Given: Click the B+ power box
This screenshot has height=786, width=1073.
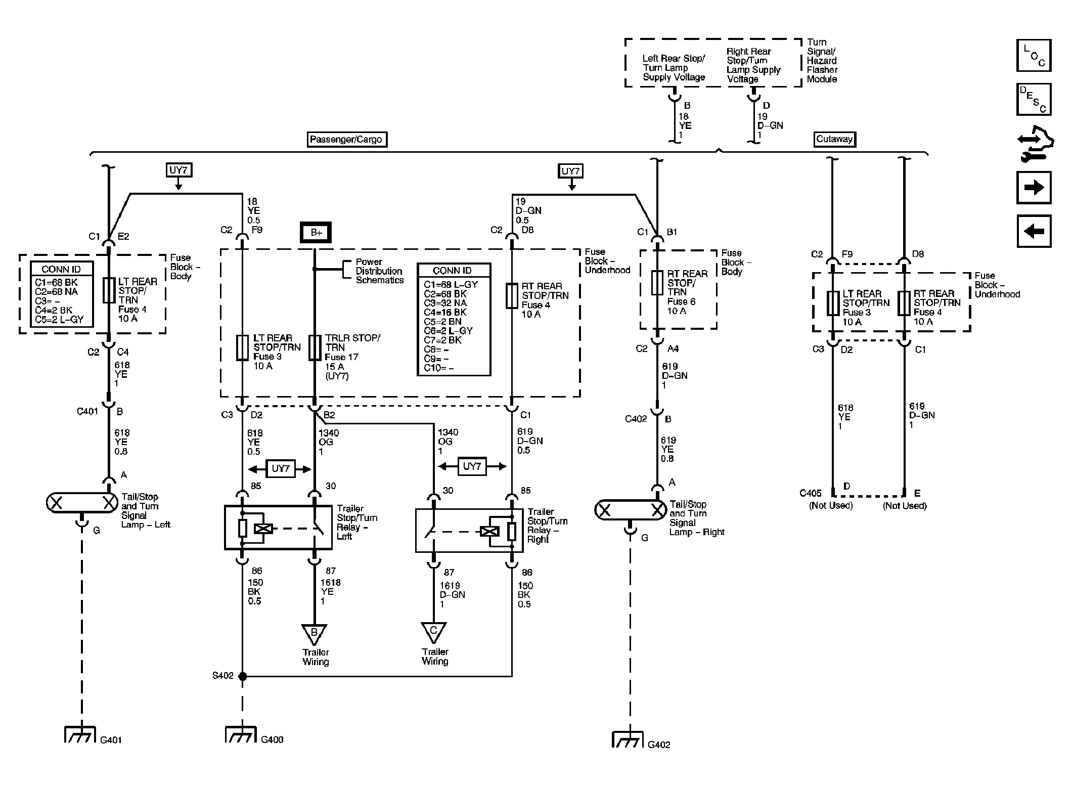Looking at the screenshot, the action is [x=316, y=232].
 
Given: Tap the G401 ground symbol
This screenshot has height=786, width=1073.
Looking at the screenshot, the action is [x=80, y=734].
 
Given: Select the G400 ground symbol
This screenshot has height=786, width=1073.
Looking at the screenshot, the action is [x=241, y=734].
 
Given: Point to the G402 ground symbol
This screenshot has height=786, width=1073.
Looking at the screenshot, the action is [x=628, y=739].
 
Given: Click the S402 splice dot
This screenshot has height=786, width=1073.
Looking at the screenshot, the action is [x=243, y=676].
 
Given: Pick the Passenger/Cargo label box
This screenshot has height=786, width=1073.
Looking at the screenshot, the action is [x=347, y=140].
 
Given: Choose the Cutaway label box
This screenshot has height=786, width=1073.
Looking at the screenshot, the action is [x=834, y=139].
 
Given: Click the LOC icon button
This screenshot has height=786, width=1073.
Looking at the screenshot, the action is [x=1034, y=56].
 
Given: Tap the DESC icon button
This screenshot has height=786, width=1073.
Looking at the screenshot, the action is [x=1034, y=100].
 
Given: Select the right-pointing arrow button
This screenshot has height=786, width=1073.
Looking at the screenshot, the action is [x=1034, y=188].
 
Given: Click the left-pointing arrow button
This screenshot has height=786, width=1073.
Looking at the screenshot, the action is [x=1034, y=231].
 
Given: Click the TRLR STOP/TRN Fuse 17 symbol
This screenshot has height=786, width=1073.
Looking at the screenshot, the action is [x=315, y=347].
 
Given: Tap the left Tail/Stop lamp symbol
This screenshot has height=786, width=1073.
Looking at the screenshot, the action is [x=82, y=503].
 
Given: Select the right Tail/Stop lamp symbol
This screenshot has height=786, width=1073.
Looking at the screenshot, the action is [x=631, y=510].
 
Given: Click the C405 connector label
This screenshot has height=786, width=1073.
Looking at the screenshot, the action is [x=811, y=493].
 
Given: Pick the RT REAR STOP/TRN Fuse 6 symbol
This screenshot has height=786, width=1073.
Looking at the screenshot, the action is [x=657, y=283].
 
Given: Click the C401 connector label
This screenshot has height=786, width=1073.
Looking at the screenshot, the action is [x=87, y=412].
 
